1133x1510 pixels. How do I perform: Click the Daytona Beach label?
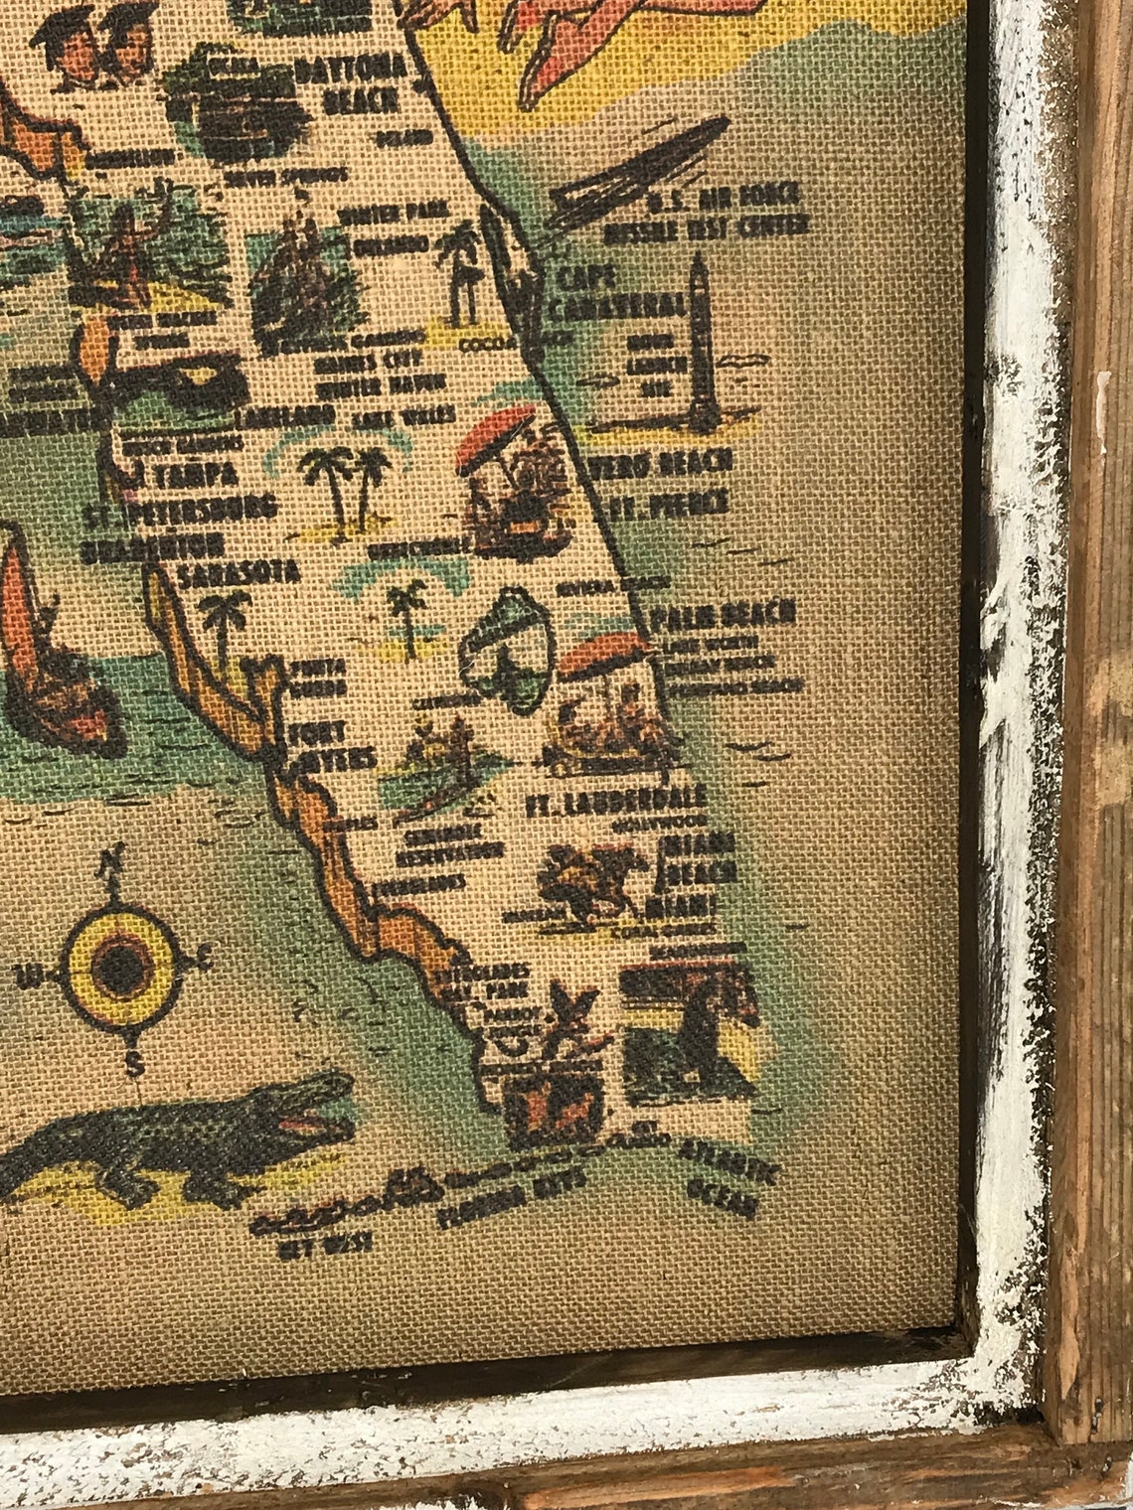(350, 82)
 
